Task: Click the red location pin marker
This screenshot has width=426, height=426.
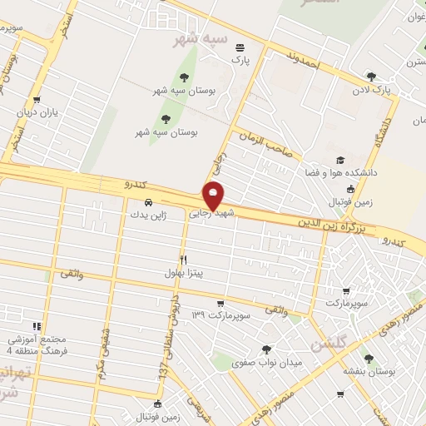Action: click(x=214, y=195)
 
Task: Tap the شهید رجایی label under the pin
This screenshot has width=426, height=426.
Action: click(x=214, y=213)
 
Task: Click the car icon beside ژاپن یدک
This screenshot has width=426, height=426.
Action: click(x=148, y=202)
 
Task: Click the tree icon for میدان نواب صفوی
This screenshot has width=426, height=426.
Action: click(x=265, y=350)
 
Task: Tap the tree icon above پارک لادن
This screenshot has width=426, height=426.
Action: click(x=371, y=77)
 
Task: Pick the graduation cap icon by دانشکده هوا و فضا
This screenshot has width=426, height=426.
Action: click(x=339, y=161)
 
